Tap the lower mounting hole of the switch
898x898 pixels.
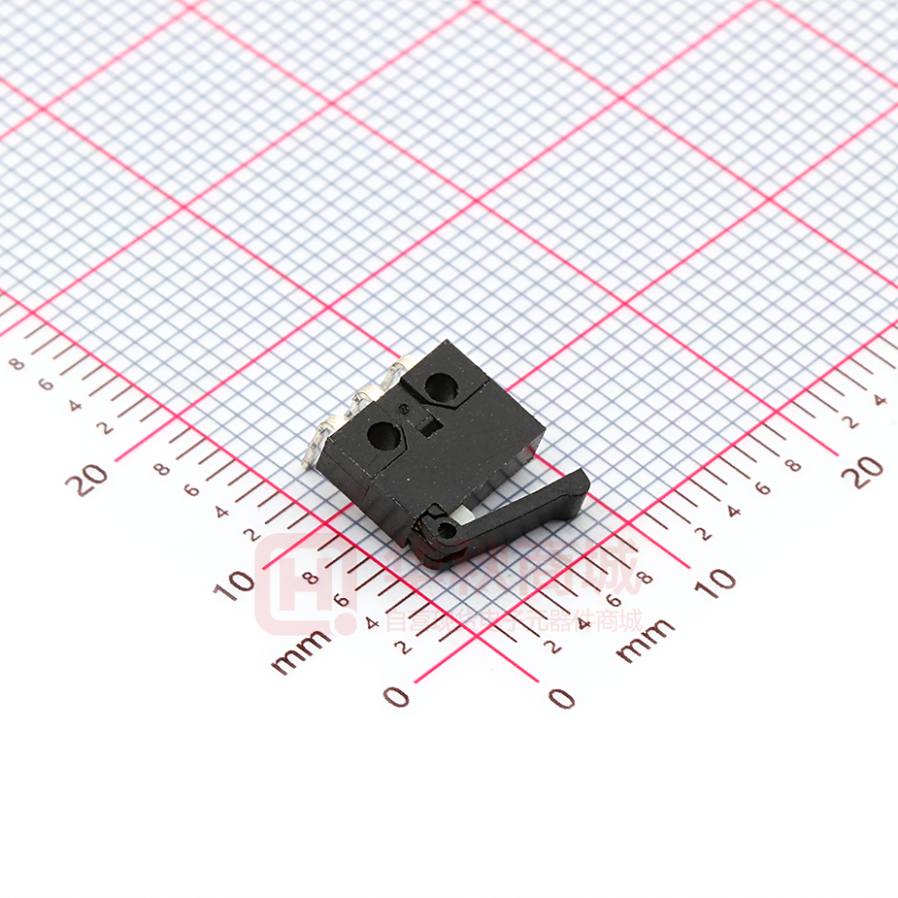382,437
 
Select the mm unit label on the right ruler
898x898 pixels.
646,640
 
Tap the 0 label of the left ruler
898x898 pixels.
396,695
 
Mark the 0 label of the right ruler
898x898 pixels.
561,697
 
